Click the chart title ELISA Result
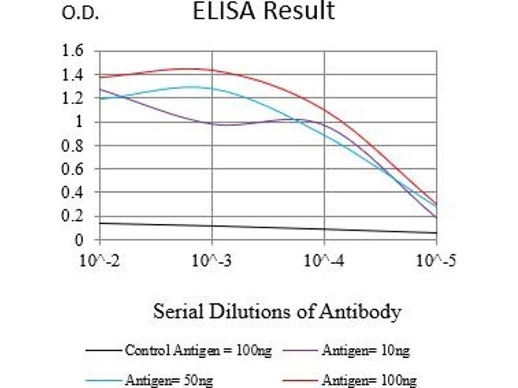(x=264, y=11)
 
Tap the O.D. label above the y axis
(x=80, y=14)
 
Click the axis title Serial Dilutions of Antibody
(x=277, y=312)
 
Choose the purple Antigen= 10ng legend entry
(x=365, y=351)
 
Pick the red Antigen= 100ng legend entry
(x=368, y=380)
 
